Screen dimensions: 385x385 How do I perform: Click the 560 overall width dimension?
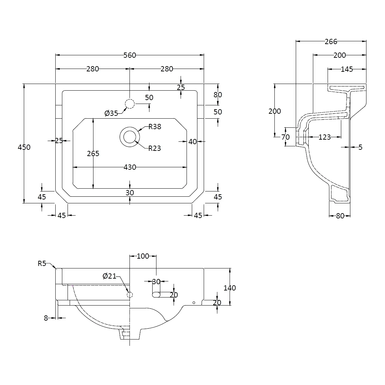(x=129, y=55)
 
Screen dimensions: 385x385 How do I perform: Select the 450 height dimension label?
(x=24, y=147)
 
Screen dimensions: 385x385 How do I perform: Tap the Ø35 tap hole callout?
(x=111, y=113)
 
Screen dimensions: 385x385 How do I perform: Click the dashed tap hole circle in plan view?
(x=129, y=104)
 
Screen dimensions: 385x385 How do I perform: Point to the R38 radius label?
(x=155, y=127)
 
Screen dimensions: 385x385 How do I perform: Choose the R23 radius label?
(x=154, y=148)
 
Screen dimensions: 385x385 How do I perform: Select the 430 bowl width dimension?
(x=129, y=168)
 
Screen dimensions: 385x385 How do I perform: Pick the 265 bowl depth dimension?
(x=93, y=154)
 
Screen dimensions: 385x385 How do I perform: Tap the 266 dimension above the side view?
(x=331, y=42)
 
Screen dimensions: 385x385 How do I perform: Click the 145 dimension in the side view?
(x=346, y=69)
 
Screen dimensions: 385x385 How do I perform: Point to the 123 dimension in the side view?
(x=325, y=137)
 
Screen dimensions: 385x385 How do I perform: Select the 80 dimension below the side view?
(x=340, y=216)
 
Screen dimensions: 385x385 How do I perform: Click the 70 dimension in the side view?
(x=286, y=137)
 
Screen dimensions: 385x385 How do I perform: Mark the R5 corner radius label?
(x=42, y=264)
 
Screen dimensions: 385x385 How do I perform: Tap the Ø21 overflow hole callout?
(x=110, y=276)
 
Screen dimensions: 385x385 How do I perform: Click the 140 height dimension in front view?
(x=230, y=288)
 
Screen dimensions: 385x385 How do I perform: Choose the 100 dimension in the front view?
(x=143, y=256)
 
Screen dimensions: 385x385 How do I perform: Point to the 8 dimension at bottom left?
(x=46, y=318)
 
